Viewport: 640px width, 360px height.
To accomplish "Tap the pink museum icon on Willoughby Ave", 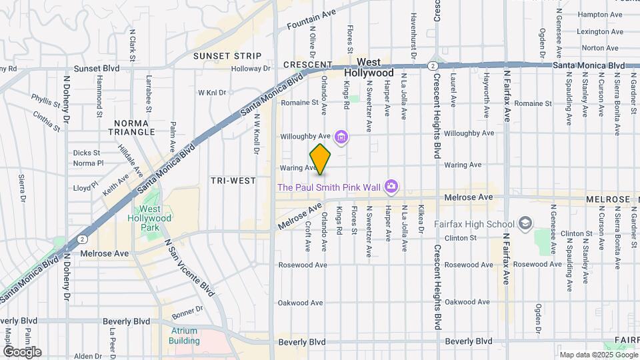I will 341,138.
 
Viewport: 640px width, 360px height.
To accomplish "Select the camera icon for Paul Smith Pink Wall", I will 391,187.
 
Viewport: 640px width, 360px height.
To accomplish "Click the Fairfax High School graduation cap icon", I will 525,223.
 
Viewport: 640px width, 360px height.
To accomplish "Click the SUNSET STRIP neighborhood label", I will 227,56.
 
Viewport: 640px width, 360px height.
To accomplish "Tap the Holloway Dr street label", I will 251,68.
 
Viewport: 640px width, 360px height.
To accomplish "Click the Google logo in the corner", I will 22,351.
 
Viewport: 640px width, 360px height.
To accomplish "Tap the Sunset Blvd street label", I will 97,68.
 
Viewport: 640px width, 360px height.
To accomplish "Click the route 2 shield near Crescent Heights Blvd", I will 433,65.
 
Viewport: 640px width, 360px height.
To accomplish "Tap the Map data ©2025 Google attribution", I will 598,354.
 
